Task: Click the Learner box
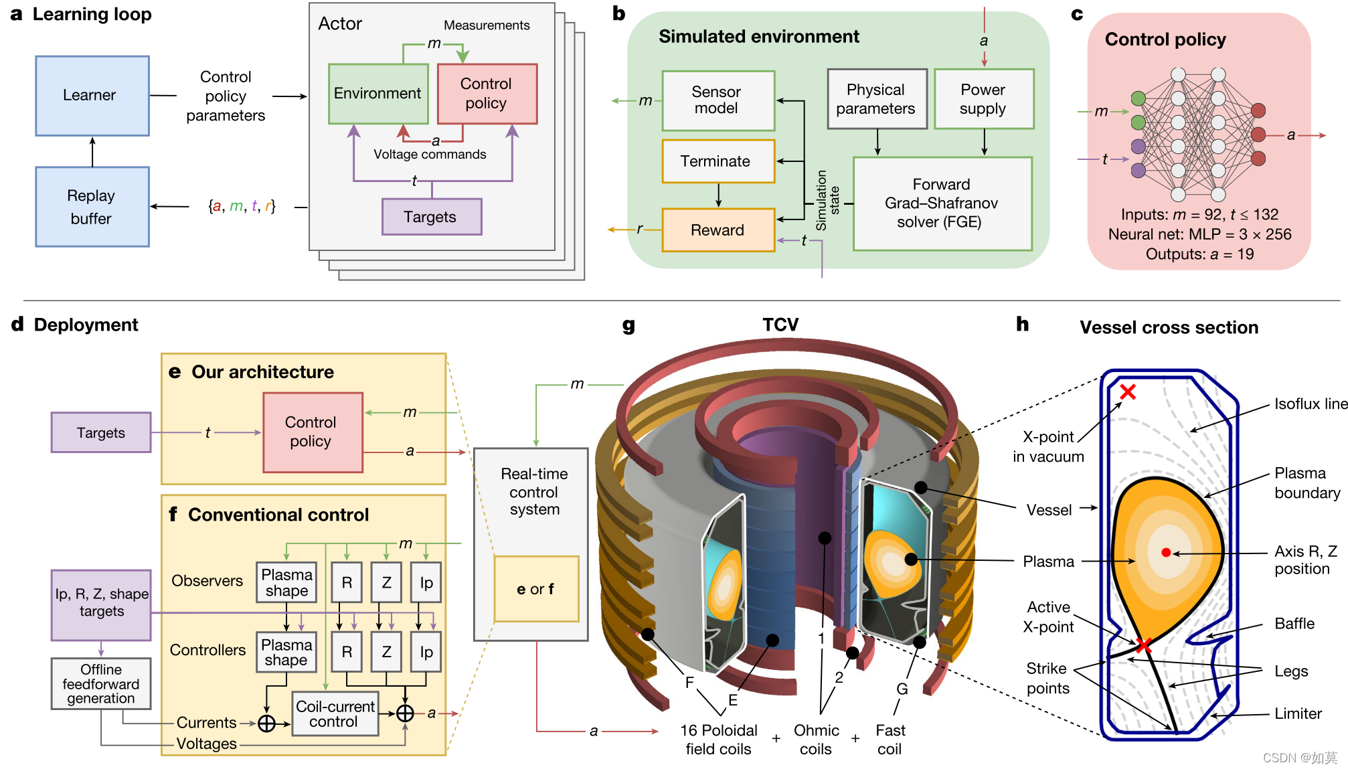tap(92, 96)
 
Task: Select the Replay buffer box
tap(92, 207)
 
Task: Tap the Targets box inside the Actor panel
tap(431, 217)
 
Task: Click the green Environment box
tap(378, 94)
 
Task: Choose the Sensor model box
tap(718, 100)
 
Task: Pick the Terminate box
tap(718, 161)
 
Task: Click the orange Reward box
tap(718, 230)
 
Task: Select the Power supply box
tap(983, 99)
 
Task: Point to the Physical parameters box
tap(876, 99)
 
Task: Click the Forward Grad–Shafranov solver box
tap(942, 203)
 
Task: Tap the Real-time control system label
tap(534, 492)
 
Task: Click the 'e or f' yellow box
tap(536, 589)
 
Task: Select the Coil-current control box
tap(335, 714)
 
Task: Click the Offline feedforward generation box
tap(101, 683)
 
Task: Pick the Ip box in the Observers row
tap(426, 583)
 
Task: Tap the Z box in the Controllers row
tap(387, 652)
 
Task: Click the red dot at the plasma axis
tap(1166, 552)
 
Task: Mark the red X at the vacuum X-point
tap(1128, 392)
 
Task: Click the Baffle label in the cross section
tap(1294, 624)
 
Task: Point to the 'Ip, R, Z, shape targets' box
tap(101, 603)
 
